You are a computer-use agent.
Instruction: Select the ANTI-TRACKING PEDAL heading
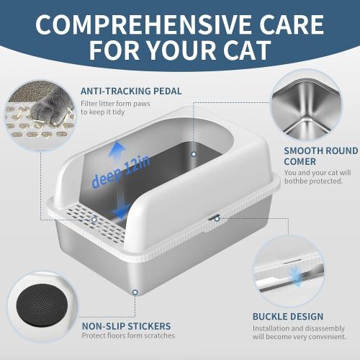[x=130, y=91]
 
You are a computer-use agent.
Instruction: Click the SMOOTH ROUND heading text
[x=320, y=150]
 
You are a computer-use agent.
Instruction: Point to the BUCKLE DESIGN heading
[x=287, y=316]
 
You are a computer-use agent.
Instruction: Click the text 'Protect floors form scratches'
[x=128, y=336]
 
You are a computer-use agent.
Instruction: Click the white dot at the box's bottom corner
[x=135, y=292]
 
